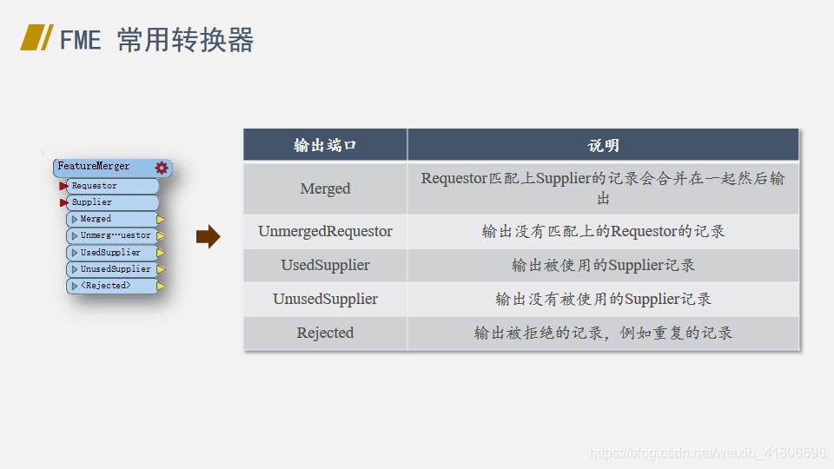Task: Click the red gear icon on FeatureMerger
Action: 162,168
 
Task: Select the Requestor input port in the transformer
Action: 94,186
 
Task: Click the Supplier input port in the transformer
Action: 91,202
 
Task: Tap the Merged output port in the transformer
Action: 96,219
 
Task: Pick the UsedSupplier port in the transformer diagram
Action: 110,253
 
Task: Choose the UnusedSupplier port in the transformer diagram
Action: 116,269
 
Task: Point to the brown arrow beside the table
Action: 208,236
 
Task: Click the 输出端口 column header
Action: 325,145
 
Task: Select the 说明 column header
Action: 603,145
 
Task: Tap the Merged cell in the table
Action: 325,188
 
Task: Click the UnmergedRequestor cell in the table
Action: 325,232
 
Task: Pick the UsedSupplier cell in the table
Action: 325,265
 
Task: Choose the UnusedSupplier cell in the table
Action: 325,299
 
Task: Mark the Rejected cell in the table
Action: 325,333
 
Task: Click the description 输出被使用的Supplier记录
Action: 603,265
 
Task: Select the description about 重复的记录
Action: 603,333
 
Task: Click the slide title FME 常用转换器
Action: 156,40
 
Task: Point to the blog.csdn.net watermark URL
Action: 707,453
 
